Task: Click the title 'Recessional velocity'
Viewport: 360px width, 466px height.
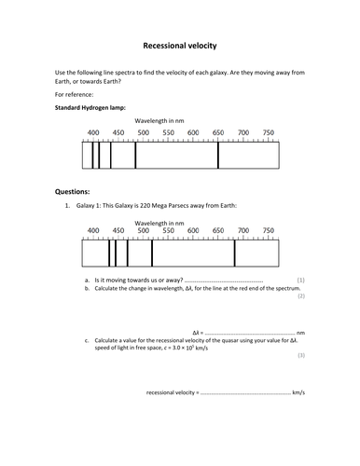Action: point(179,44)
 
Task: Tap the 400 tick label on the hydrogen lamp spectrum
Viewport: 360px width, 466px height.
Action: point(93,133)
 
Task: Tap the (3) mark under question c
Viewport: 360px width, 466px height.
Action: point(300,355)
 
